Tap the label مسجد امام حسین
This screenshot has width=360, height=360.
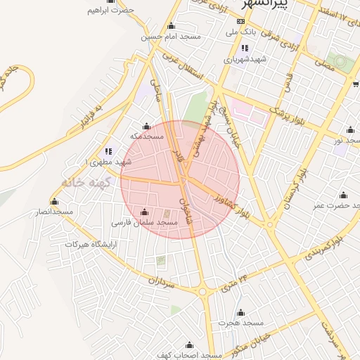click(170, 36)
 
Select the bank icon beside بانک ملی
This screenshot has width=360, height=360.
click(242, 32)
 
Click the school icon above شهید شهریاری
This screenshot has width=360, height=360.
click(245, 49)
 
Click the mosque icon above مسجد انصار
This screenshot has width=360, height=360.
click(55, 202)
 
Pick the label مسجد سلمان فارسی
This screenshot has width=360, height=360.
click(144, 222)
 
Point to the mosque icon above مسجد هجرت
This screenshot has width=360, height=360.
click(240, 313)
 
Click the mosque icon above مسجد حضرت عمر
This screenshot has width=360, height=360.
click(342, 195)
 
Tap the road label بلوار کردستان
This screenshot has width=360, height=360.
click(293, 187)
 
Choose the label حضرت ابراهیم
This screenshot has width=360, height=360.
click(110, 11)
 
